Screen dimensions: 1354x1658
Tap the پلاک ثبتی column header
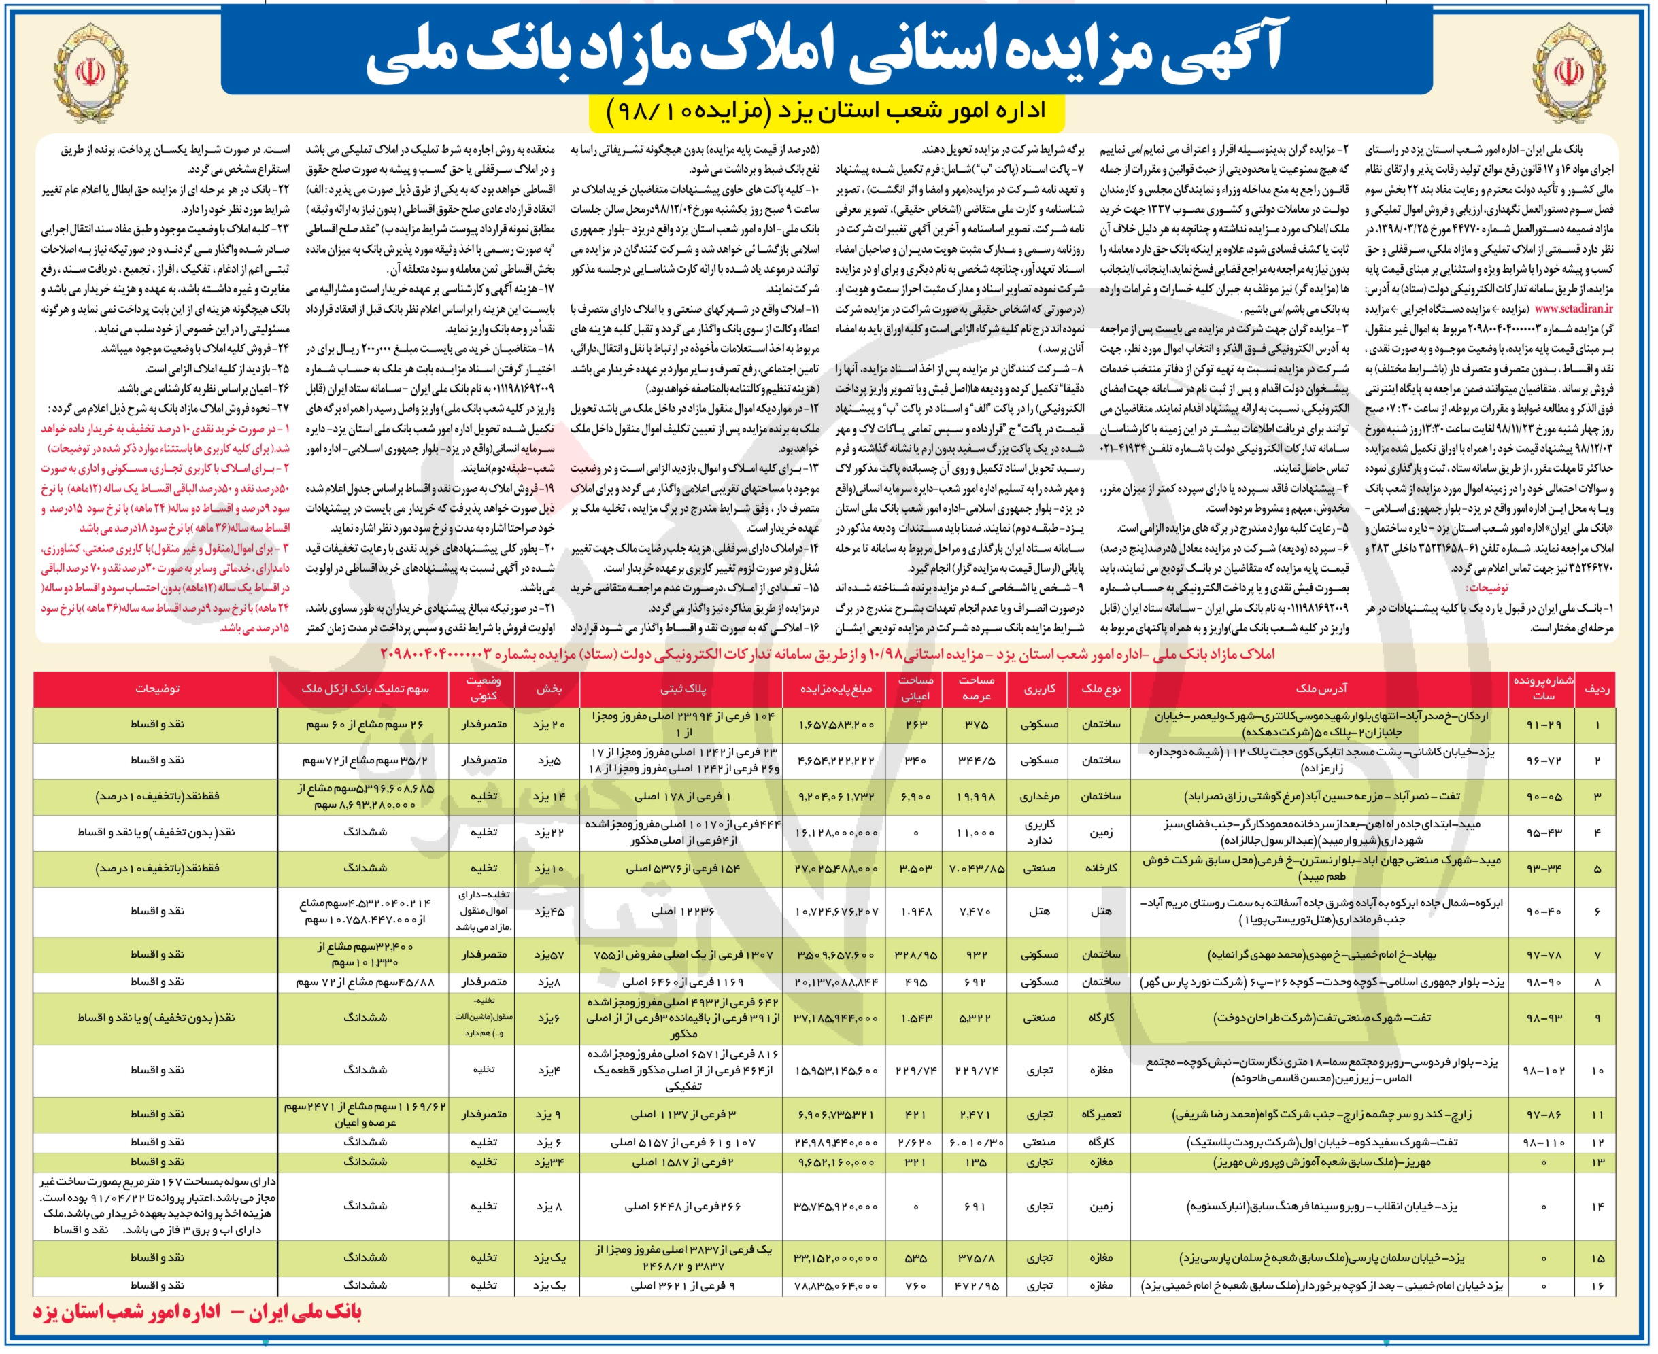point(684,689)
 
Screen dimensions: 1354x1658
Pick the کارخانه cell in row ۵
point(1102,867)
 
